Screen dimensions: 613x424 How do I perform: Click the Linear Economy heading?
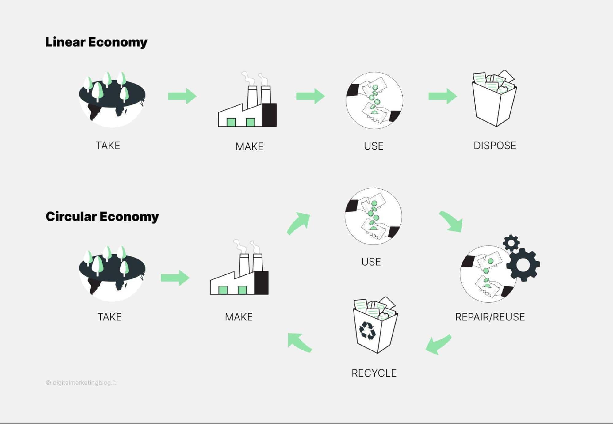pos(96,42)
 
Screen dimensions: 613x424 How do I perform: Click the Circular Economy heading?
pos(102,217)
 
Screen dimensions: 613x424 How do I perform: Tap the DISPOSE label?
pos(495,146)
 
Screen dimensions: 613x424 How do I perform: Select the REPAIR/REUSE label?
pos(490,317)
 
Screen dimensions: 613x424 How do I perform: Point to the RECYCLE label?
pos(374,373)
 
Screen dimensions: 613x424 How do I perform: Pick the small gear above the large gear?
pos(511,243)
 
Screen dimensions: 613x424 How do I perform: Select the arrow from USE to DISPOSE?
pos(443,96)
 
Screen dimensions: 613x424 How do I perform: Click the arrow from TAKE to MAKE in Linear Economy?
pos(182,96)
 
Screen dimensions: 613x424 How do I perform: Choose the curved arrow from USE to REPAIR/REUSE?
pos(451,221)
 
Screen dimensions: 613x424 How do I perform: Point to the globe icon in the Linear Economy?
pos(112,100)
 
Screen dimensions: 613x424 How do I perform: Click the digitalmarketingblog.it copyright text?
pos(81,383)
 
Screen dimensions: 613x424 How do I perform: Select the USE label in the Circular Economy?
pos(371,262)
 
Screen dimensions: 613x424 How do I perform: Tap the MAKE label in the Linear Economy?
pos(249,146)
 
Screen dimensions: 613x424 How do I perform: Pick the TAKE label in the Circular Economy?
pos(109,317)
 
